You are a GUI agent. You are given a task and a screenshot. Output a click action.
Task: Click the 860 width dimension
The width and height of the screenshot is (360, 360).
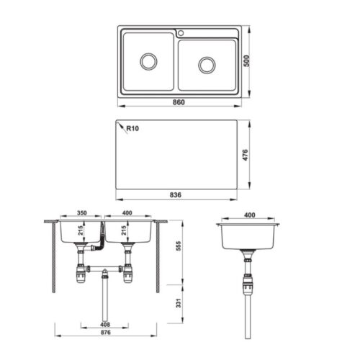tap(179, 102)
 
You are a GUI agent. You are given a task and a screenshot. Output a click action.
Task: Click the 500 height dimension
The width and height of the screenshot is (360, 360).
tap(246, 61)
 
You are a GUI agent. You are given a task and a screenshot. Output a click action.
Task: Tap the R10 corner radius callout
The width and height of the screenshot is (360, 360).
tap(132, 128)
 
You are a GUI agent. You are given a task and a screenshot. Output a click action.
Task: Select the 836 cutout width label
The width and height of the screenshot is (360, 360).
tap(176, 195)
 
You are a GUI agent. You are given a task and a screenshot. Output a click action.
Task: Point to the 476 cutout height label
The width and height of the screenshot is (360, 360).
tap(245, 155)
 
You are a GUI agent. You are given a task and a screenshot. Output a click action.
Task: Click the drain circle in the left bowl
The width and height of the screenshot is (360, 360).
tap(148, 62)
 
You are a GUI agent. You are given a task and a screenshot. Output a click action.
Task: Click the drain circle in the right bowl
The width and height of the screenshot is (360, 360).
tap(207, 65)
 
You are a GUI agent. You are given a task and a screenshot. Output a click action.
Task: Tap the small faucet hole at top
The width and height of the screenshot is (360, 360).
tap(181, 33)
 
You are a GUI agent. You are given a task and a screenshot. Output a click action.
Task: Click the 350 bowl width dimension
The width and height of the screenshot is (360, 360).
tap(82, 213)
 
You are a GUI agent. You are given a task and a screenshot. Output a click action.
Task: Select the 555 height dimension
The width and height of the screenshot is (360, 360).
tap(179, 246)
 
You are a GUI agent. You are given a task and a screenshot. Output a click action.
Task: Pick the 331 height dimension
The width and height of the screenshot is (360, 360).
tap(179, 303)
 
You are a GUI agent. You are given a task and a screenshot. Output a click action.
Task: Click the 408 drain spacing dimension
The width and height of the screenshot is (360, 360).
tap(105, 325)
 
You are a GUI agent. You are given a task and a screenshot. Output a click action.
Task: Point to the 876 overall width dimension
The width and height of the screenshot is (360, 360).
tap(106, 333)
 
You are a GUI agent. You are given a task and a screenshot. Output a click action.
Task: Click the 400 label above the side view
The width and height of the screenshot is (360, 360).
tap(250, 215)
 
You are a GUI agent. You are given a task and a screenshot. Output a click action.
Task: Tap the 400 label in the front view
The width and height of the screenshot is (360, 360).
tap(127, 213)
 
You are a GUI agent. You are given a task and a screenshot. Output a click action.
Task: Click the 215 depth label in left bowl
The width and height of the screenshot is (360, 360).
tap(81, 230)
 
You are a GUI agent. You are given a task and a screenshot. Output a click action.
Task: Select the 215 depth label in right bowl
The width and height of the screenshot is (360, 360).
tap(124, 230)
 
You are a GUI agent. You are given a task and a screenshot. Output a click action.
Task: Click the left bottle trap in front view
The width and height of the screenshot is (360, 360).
tap(80, 274)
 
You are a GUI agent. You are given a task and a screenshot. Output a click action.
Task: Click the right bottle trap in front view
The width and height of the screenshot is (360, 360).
tap(127, 274)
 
